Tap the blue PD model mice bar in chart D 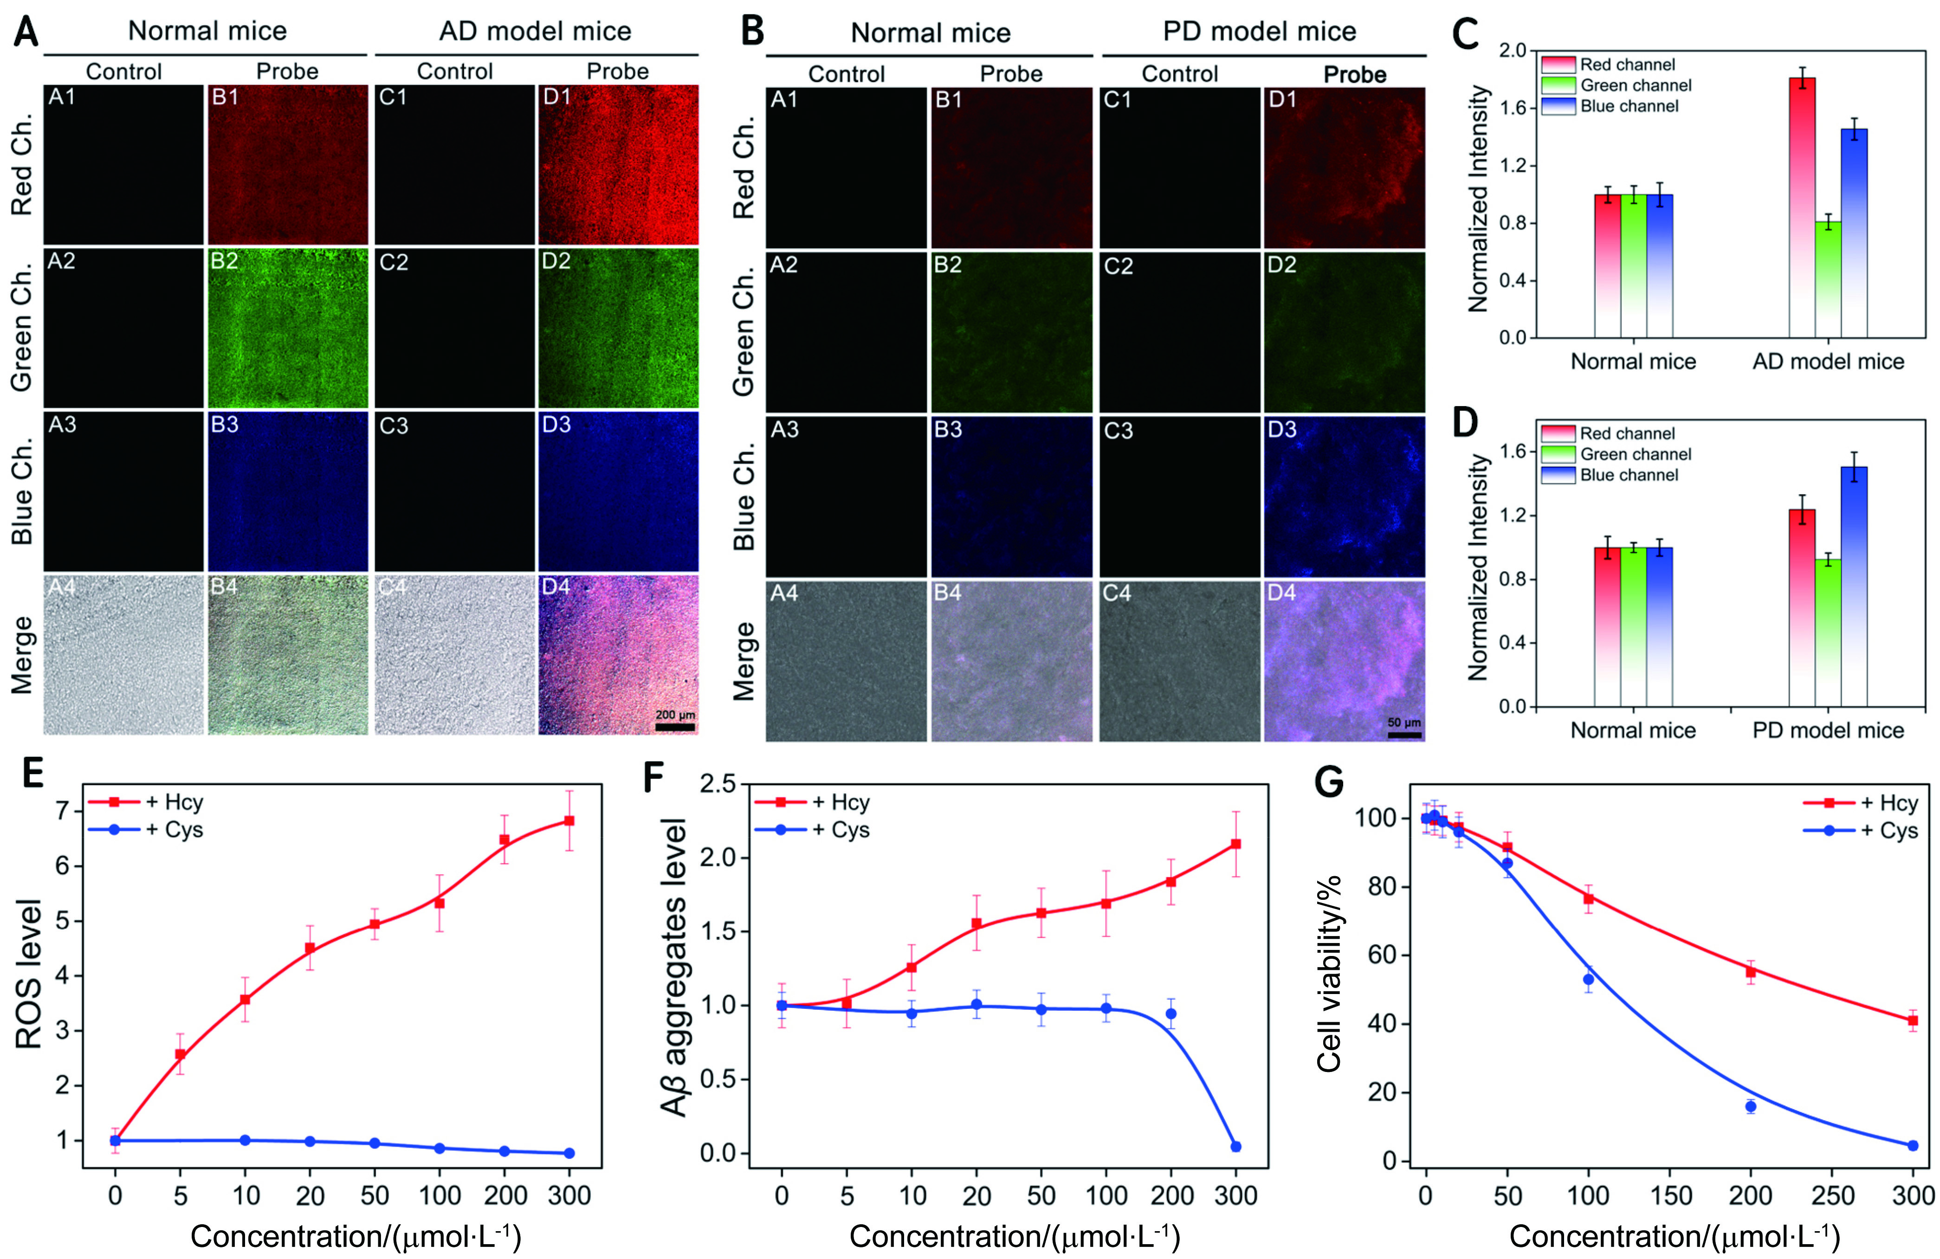(1855, 587)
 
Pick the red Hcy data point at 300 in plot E (569, 820)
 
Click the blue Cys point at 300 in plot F (1236, 1147)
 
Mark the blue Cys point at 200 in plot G (1750, 1106)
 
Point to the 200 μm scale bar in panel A (675, 727)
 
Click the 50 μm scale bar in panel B (1404, 734)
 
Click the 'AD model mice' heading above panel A (536, 31)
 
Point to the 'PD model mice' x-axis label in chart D (1828, 730)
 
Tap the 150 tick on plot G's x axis (1669, 1196)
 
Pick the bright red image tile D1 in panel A (618, 165)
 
